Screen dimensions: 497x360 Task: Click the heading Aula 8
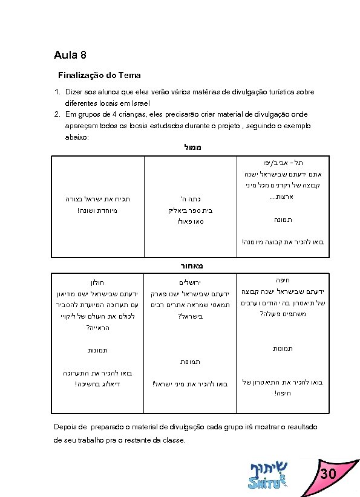[x=70, y=56]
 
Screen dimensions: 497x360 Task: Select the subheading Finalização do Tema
[x=99, y=76]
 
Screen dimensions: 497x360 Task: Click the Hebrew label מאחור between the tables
[x=180, y=265]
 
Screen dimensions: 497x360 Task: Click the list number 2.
[x=56, y=114]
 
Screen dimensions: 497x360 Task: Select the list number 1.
[x=56, y=92]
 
